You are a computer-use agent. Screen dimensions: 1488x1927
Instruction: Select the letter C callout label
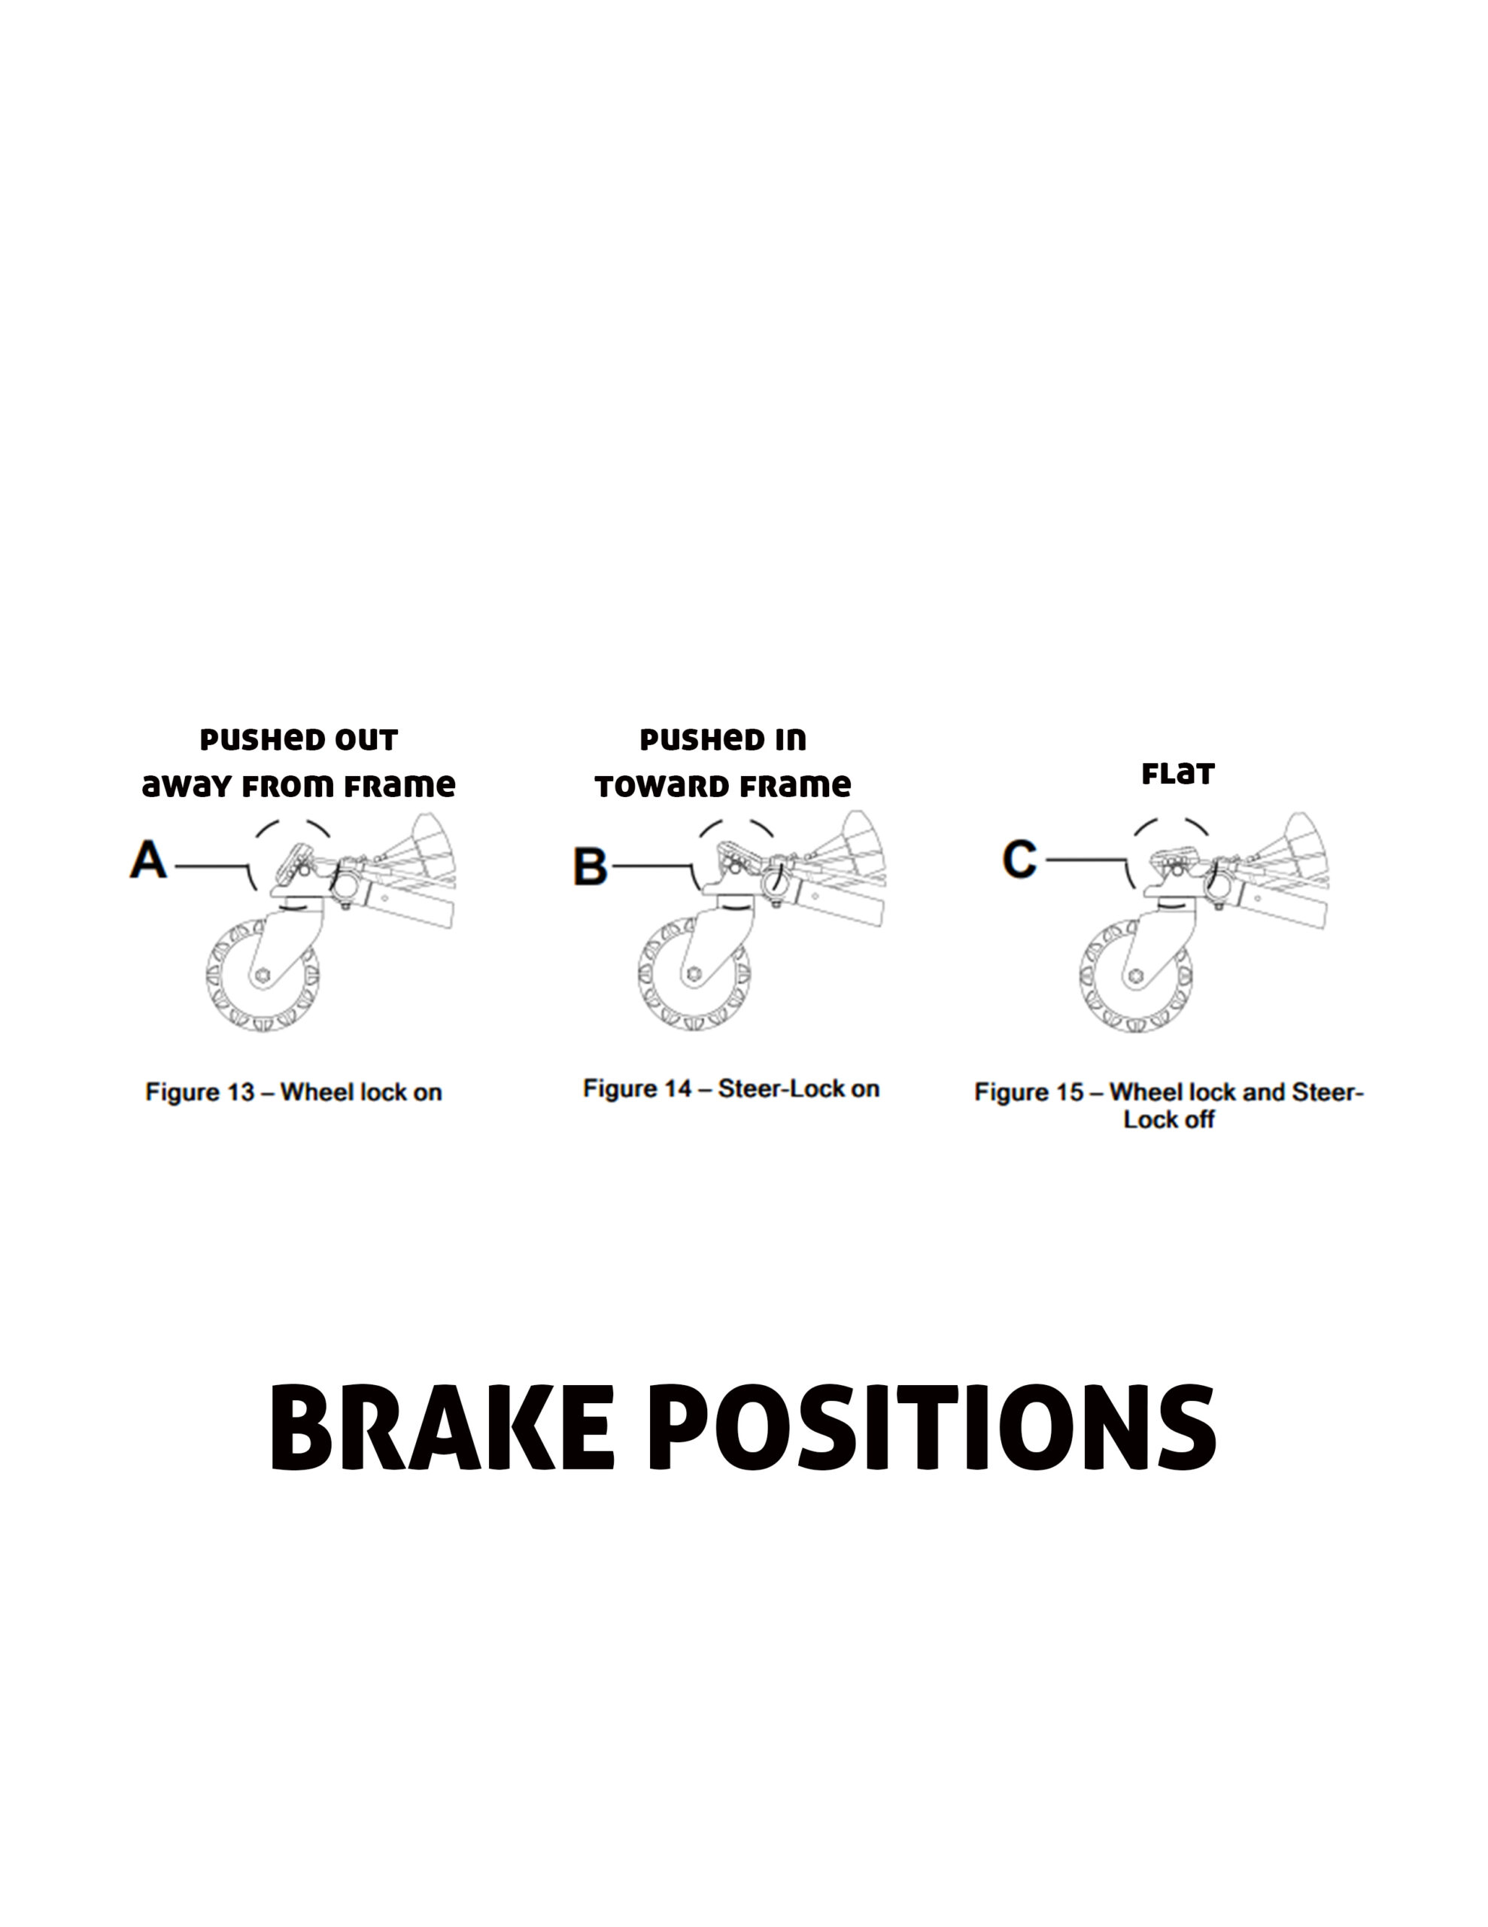coord(1019,859)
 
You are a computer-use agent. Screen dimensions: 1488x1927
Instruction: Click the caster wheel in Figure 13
coord(263,975)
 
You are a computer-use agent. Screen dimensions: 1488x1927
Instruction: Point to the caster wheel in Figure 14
coord(694,974)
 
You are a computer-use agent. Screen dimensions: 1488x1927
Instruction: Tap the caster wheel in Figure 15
coord(1135,976)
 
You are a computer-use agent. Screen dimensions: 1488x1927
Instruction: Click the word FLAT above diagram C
coord(1177,775)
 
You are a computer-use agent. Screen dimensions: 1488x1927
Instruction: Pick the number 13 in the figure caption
coord(241,1092)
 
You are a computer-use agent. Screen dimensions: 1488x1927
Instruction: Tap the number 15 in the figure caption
coord(1070,1092)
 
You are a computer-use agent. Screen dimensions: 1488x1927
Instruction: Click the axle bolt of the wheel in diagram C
coord(1136,976)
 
